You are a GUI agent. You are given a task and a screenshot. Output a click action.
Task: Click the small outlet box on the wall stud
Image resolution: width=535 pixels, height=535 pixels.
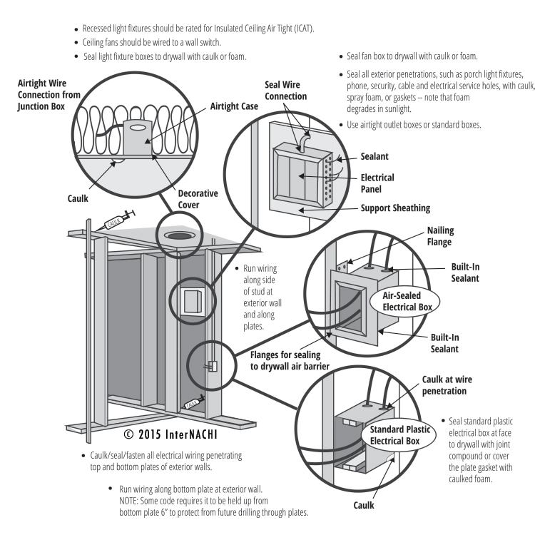click(211, 367)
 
